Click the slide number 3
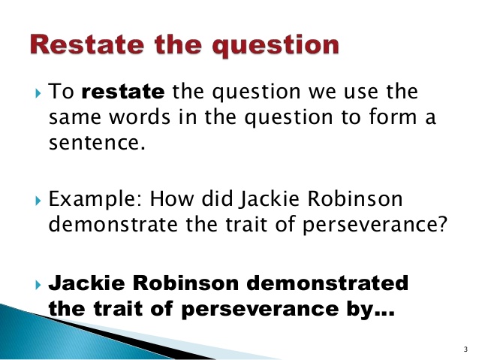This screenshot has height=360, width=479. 466,349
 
